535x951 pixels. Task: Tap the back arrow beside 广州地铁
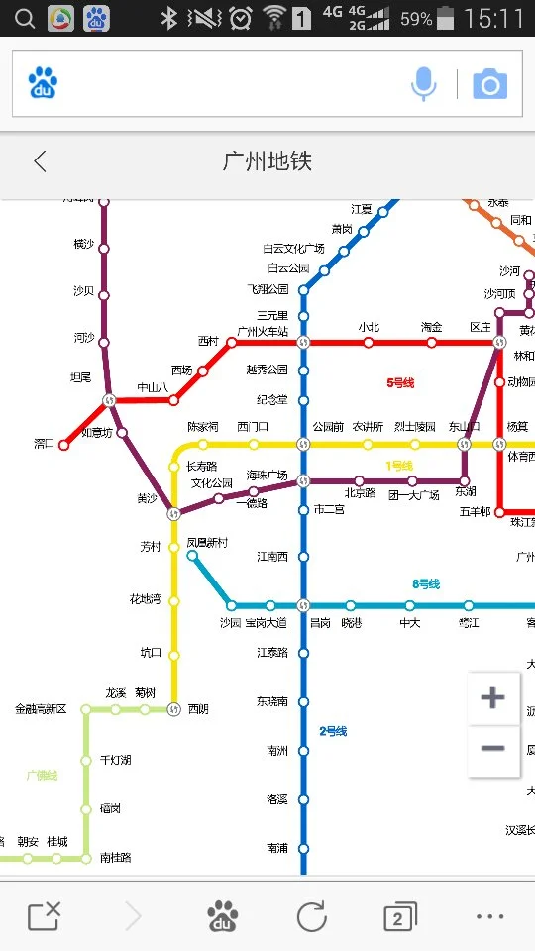[40, 161]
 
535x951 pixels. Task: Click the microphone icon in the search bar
[423, 85]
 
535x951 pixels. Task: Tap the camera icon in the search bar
[489, 85]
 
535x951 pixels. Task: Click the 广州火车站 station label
[263, 331]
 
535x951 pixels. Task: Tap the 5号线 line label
[400, 382]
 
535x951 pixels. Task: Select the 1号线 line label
[399, 466]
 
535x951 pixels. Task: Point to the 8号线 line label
[426, 584]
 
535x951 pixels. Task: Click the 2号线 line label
[333, 731]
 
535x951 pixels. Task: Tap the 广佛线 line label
[42, 776]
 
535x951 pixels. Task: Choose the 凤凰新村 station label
[207, 543]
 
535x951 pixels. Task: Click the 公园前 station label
[328, 427]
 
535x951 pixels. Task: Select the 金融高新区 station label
[41, 709]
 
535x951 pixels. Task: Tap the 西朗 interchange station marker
[174, 709]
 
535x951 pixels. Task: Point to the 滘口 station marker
[64, 445]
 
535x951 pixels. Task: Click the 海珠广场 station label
[267, 475]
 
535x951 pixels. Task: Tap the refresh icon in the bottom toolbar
[311, 917]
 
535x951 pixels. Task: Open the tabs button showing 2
[399, 917]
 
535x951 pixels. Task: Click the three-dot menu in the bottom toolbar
[489, 917]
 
